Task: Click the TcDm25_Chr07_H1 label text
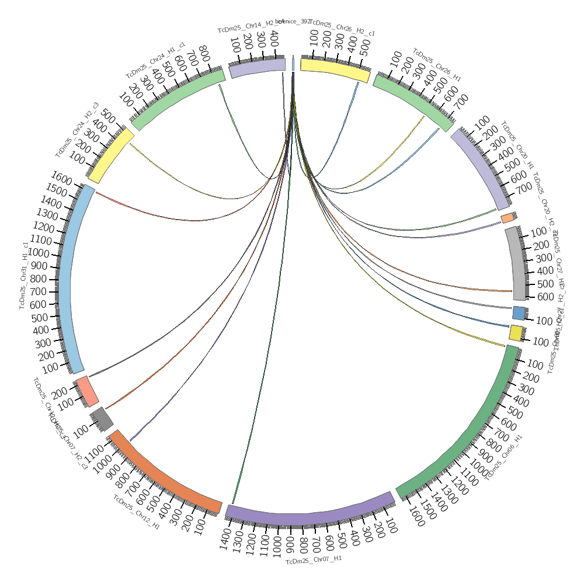pos(314,559)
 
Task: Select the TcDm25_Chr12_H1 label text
pos(136,513)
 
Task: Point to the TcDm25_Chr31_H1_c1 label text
pos(23,275)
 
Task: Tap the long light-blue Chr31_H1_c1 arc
pos(65,280)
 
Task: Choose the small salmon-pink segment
pos(87,391)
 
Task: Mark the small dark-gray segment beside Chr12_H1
pos(102,418)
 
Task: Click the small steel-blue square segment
pos(518,312)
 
